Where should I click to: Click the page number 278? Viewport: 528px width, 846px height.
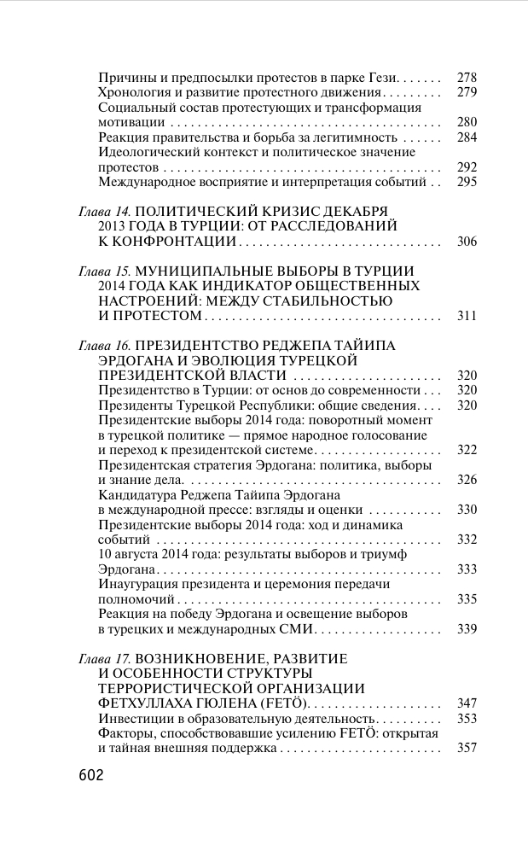(467, 77)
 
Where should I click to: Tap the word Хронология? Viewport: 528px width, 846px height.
(132, 92)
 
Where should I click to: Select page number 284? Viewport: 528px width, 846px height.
(467, 137)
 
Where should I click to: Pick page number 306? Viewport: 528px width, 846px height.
(467, 242)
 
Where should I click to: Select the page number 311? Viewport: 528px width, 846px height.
(467, 317)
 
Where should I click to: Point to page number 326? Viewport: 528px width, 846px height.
(467, 480)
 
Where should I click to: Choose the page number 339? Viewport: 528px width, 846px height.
(467, 629)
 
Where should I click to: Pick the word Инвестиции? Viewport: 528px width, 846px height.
(136, 719)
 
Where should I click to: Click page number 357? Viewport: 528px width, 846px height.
(467, 749)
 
